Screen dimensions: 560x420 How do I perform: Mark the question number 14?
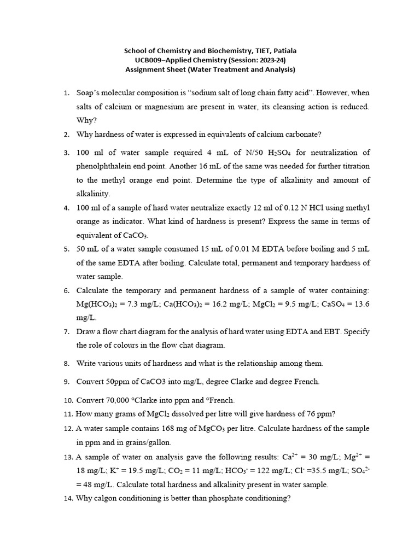(66, 498)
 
